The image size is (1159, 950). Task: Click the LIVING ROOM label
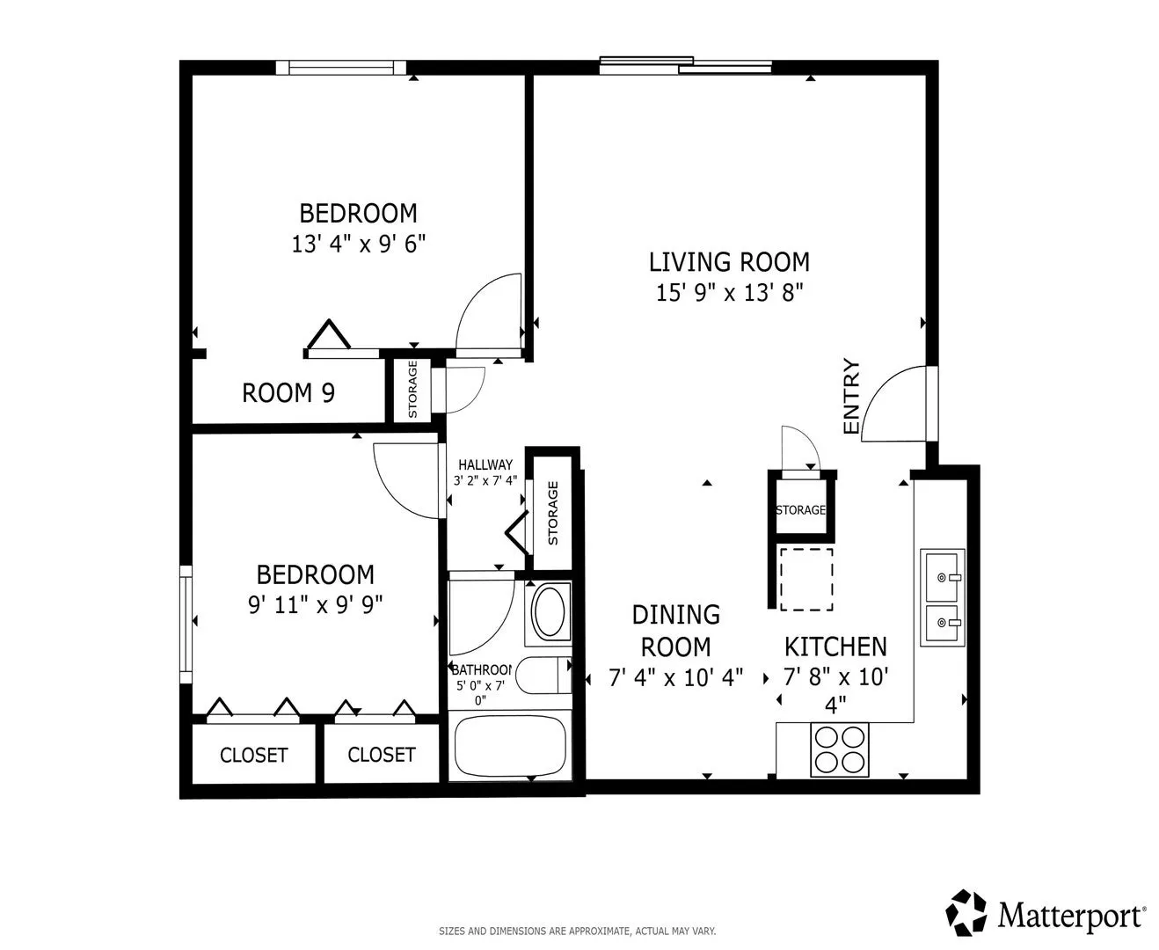729,262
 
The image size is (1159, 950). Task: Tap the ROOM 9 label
288,393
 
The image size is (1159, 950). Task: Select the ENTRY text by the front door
850,397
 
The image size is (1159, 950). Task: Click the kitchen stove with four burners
840,749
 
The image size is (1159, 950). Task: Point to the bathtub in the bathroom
511,746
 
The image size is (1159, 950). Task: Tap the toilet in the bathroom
543,675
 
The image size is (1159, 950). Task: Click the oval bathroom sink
550,611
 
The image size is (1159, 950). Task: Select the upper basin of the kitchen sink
942,577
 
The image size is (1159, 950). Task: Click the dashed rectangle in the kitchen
806,579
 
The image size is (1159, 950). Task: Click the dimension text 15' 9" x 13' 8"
730,292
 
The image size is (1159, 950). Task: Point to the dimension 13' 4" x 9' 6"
358,244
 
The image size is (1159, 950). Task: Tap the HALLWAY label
485,464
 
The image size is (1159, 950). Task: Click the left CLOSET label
254,756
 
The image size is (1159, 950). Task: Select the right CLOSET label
382,755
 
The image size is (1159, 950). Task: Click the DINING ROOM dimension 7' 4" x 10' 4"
676,677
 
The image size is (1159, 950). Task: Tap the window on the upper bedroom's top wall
340,68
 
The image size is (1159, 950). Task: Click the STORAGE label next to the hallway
553,513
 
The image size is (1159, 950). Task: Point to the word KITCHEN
835,647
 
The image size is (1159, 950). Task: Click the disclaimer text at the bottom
577,932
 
